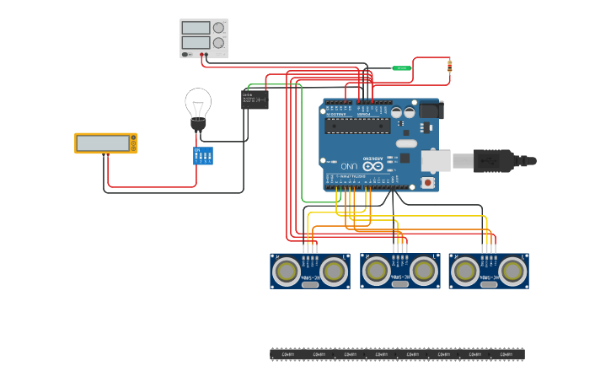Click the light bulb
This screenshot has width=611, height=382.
pyautogui.click(x=198, y=105)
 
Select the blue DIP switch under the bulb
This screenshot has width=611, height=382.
pyautogui.click(x=203, y=156)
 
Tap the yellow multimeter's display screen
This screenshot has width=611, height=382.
pyautogui.click(x=102, y=143)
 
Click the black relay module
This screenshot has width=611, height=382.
pyautogui.click(x=255, y=100)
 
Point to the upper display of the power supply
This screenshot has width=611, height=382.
pyautogui.click(x=196, y=28)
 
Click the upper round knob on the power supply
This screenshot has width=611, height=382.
pyautogui.click(x=219, y=28)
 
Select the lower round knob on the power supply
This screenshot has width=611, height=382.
pyautogui.click(x=219, y=42)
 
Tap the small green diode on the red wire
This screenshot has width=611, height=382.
pyautogui.click(x=402, y=67)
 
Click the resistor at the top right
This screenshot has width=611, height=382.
pyautogui.click(x=449, y=65)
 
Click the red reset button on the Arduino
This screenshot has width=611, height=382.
pyautogui.click(x=428, y=181)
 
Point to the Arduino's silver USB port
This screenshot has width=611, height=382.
pyautogui.click(x=436, y=160)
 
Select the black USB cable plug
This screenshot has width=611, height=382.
pyautogui.click(x=493, y=160)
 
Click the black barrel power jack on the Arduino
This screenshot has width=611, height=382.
pyautogui.click(x=430, y=110)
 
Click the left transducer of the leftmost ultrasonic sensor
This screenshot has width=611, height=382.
pyautogui.click(x=287, y=271)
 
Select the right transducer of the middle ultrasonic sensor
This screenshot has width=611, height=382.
pyautogui.click(x=424, y=271)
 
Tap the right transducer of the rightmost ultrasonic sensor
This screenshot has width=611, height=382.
pyautogui.click(x=512, y=271)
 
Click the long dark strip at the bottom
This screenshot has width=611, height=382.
pyautogui.click(x=397, y=354)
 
